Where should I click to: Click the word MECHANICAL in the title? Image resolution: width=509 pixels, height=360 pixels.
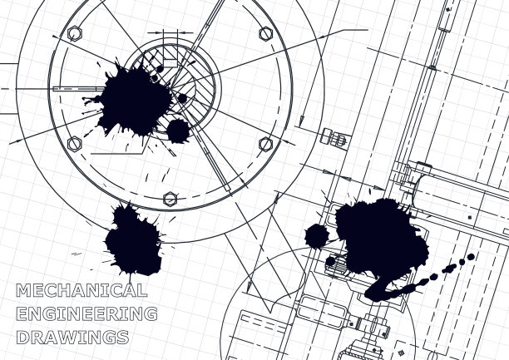point(82,290)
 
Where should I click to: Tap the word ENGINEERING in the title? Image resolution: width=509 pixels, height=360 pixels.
point(86,314)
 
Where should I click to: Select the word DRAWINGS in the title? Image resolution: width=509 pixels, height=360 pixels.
point(72,338)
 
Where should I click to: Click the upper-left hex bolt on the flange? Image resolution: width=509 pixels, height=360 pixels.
point(75,33)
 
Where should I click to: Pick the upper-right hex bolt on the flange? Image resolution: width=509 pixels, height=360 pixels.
point(266,34)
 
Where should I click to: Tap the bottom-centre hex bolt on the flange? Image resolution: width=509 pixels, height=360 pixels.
point(170,199)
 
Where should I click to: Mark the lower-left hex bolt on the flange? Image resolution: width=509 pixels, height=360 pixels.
point(74,144)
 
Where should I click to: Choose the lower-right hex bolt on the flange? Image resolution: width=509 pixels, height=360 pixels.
point(266,144)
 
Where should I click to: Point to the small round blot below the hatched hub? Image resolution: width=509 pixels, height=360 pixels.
point(178,131)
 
